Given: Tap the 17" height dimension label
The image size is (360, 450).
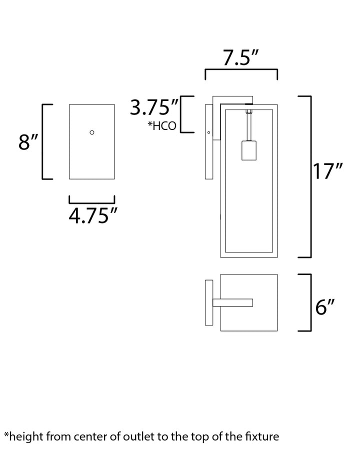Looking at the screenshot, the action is coord(327,171).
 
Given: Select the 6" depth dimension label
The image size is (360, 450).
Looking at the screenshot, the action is coord(325,307).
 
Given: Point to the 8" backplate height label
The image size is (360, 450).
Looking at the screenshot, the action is coord(28,142).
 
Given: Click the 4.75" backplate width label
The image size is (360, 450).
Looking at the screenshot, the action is coord(93,215).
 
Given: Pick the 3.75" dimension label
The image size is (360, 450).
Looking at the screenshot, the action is coord(154,107).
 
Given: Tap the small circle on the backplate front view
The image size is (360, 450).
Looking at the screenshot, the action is coord(92,132).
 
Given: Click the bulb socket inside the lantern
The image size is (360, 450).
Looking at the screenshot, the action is coord(249,150).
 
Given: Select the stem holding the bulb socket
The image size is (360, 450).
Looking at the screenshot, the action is coord(249,127).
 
